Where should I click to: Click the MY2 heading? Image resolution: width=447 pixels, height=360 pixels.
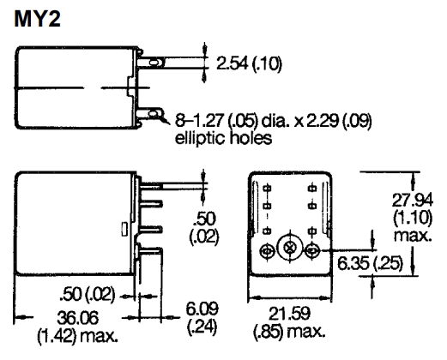(37, 19)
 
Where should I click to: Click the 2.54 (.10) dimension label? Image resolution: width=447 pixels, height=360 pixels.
(249, 63)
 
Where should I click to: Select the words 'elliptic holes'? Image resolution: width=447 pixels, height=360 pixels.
(223, 138)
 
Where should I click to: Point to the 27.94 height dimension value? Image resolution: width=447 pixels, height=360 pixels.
(412, 200)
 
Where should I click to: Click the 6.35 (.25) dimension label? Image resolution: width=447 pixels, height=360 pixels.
(370, 263)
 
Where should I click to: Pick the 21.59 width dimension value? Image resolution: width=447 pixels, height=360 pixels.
(289, 314)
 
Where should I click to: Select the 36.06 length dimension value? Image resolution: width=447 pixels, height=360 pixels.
(78, 318)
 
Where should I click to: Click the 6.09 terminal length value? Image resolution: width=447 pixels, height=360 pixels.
(202, 309)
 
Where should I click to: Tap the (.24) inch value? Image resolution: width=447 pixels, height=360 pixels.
(202, 327)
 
